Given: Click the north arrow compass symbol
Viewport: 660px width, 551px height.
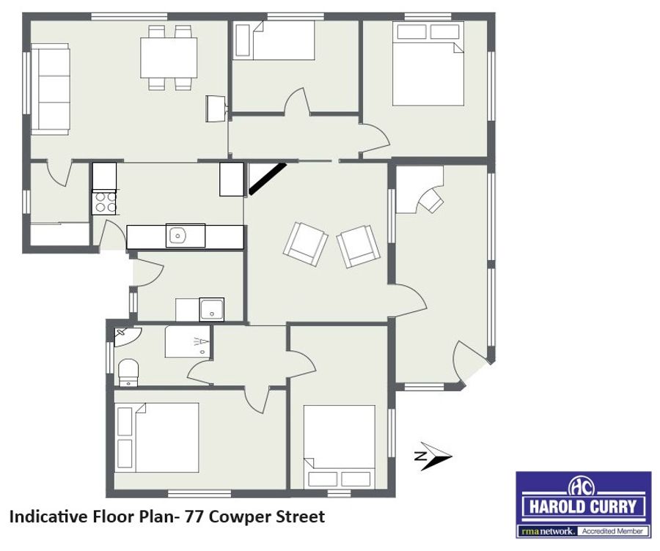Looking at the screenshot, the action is pyautogui.click(x=433, y=456).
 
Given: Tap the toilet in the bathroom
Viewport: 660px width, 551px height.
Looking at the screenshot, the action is pyautogui.click(x=128, y=372).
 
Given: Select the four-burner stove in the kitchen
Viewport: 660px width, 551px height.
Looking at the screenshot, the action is pyautogui.click(x=104, y=202).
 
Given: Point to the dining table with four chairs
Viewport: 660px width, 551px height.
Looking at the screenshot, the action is pyautogui.click(x=169, y=57).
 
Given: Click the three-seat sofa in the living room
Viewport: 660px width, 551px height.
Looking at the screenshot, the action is pyautogui.click(x=51, y=92).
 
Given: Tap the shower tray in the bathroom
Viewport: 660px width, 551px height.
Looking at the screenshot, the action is pyautogui.click(x=187, y=341).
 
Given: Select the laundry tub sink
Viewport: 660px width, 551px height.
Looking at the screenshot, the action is pyautogui.click(x=212, y=309).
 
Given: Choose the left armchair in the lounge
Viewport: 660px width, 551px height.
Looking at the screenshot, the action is pyautogui.click(x=306, y=244).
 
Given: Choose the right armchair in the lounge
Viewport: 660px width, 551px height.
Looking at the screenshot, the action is pyautogui.click(x=358, y=246).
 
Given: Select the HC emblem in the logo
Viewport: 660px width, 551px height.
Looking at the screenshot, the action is pyautogui.click(x=582, y=487).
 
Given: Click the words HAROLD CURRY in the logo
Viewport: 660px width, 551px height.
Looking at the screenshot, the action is pyautogui.click(x=583, y=507).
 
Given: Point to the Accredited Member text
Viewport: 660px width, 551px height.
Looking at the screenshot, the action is pyautogui.click(x=612, y=531).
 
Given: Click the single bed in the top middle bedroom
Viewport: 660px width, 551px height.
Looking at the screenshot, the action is pyautogui.click(x=274, y=40).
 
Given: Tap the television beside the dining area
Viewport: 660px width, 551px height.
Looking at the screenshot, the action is pyautogui.click(x=216, y=109).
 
